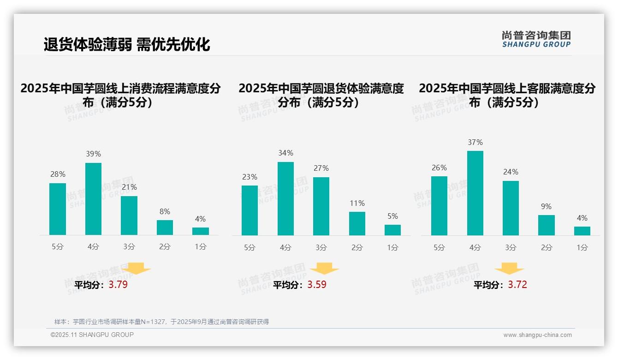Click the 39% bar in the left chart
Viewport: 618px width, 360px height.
click(x=93, y=199)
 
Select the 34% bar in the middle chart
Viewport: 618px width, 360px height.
click(x=285, y=198)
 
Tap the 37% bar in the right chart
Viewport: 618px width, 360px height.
click(x=475, y=193)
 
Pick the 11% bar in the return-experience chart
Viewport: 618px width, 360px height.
click(x=357, y=223)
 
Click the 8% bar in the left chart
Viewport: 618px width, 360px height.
click(x=165, y=228)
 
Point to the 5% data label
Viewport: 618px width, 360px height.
click(x=392, y=216)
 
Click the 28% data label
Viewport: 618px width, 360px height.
click(x=58, y=174)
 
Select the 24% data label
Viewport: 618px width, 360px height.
click(x=511, y=172)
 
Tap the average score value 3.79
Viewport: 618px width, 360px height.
click(x=118, y=285)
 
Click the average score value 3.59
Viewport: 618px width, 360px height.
click(x=317, y=285)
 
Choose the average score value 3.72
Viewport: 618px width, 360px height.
click(x=517, y=285)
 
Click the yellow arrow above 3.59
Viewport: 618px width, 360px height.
click(x=324, y=269)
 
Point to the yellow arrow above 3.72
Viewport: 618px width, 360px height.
click(x=509, y=269)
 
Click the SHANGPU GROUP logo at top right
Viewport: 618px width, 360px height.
click(x=536, y=39)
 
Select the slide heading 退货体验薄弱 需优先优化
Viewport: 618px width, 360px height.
click(x=127, y=44)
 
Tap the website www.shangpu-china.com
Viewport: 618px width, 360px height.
click(x=537, y=335)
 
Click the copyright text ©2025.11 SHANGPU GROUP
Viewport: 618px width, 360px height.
click(x=92, y=335)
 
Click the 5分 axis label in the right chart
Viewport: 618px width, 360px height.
click(x=439, y=247)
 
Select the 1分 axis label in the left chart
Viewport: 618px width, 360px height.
click(x=201, y=246)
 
